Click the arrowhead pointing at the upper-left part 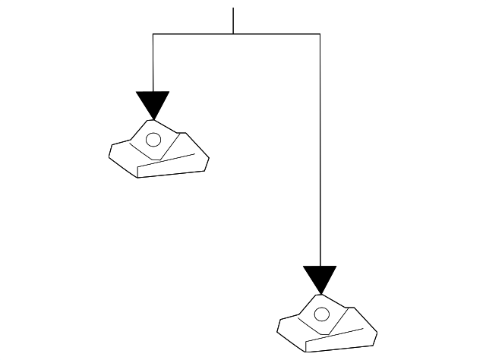coord(153,103)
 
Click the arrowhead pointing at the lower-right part coord(320,276)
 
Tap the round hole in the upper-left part coord(153,140)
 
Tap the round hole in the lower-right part coord(321,314)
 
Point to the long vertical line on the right coord(320,152)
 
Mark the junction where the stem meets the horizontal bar coord(233,34)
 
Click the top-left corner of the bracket coord(153,34)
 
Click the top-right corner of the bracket coord(320,34)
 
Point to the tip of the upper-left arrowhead coord(153,119)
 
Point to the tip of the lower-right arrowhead coord(320,294)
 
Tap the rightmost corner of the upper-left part coord(209,158)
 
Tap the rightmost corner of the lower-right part coord(377,333)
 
